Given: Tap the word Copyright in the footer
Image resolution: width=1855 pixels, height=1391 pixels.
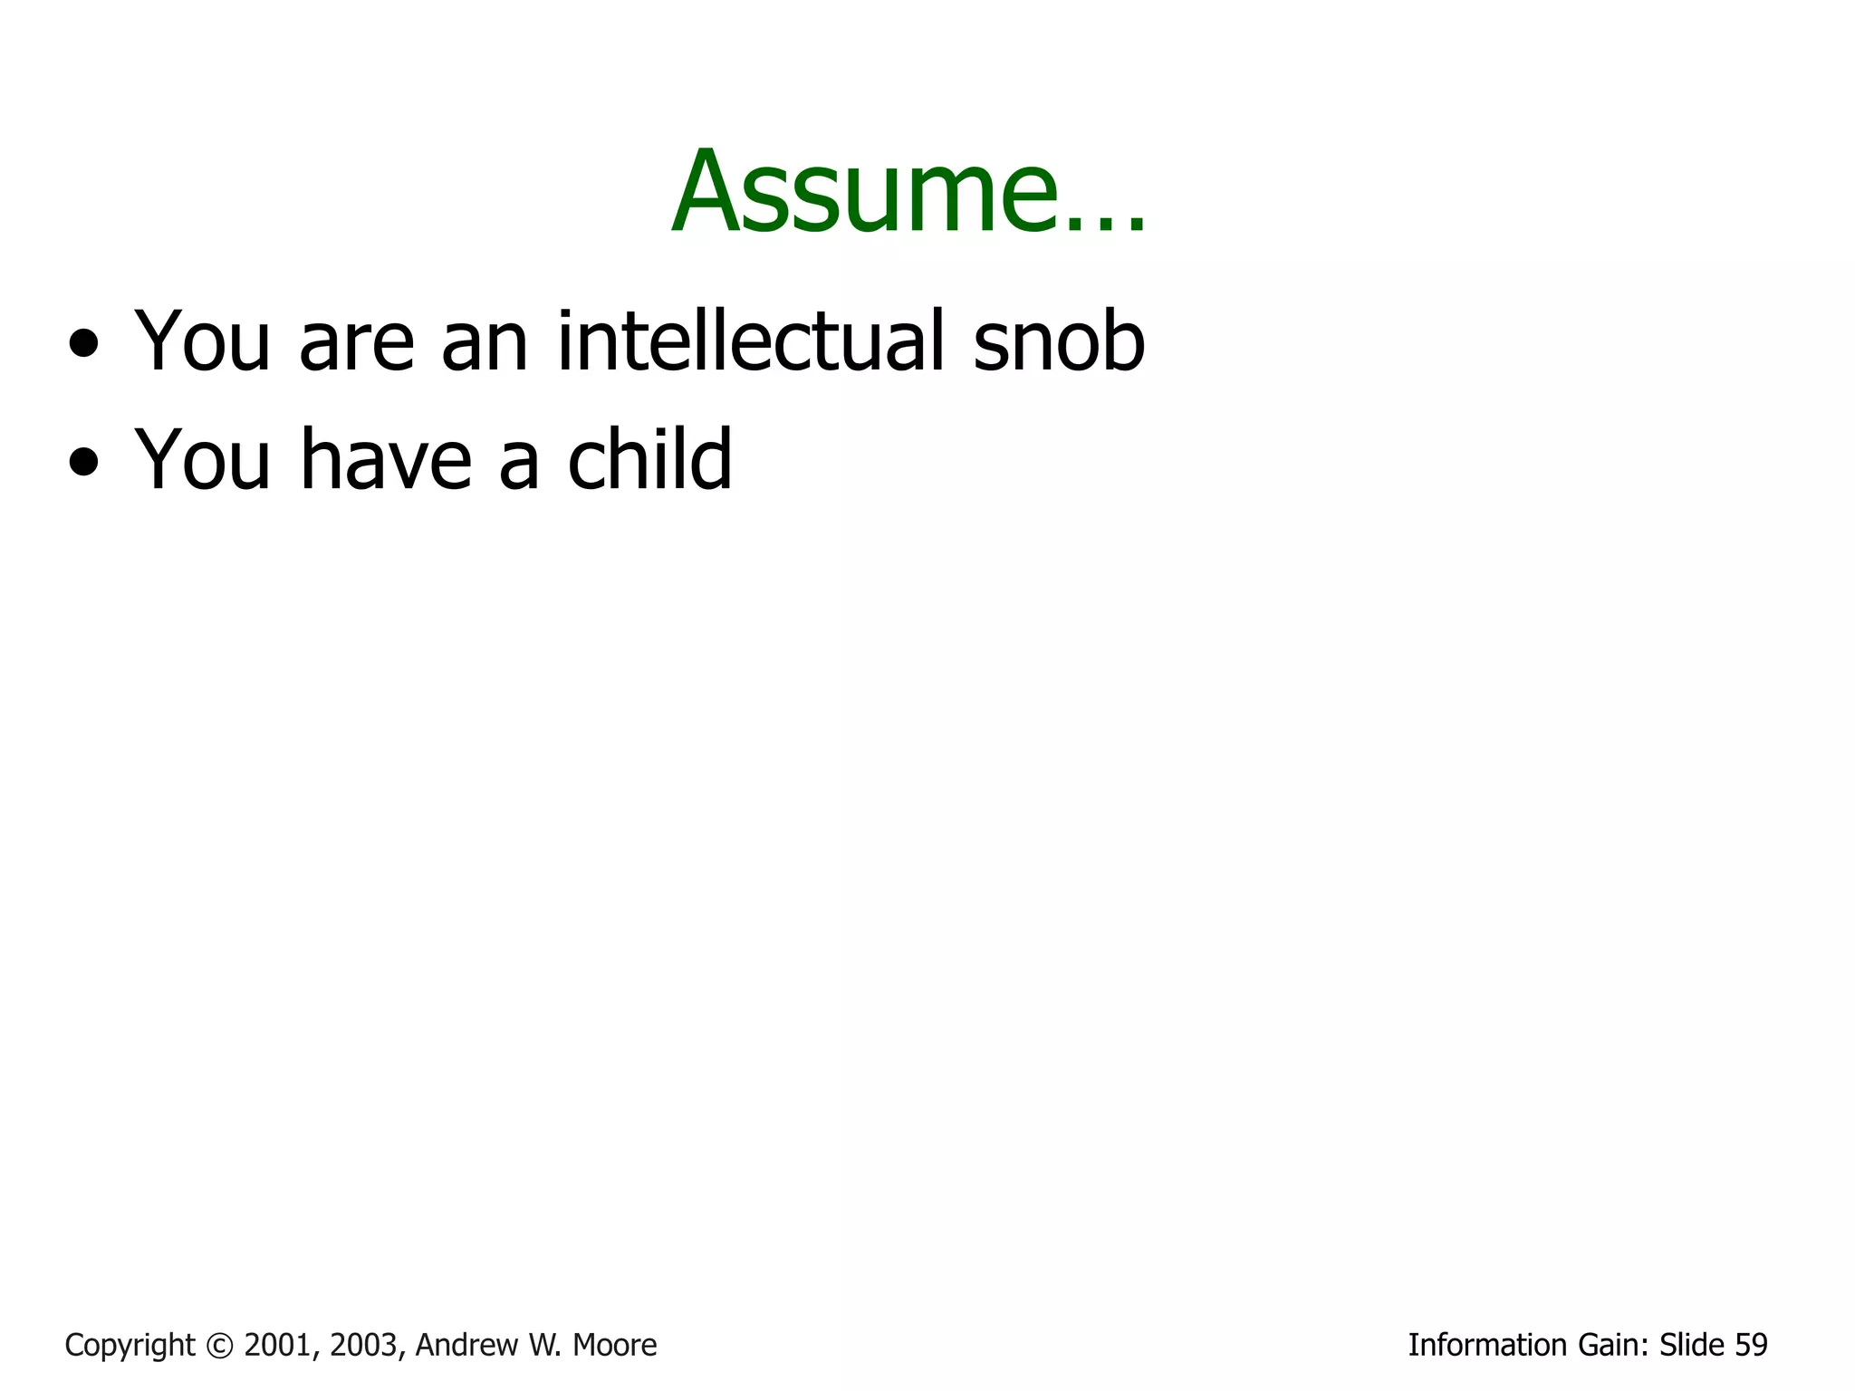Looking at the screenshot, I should tap(130, 1346).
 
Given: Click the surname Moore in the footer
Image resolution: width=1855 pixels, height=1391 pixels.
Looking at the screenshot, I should tap(615, 1346).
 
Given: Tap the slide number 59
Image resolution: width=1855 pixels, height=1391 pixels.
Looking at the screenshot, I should tap(1751, 1346).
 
